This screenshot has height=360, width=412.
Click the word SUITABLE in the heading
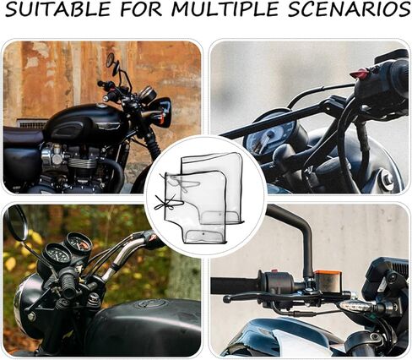(57, 9)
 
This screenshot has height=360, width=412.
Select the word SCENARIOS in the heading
(349, 9)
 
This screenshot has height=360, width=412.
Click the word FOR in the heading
(141, 9)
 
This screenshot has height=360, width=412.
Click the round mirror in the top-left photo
(110, 60)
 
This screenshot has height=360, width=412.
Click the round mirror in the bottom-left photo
(17, 222)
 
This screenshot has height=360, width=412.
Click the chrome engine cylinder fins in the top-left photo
(82, 162)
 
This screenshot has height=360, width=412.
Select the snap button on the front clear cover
(203, 233)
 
